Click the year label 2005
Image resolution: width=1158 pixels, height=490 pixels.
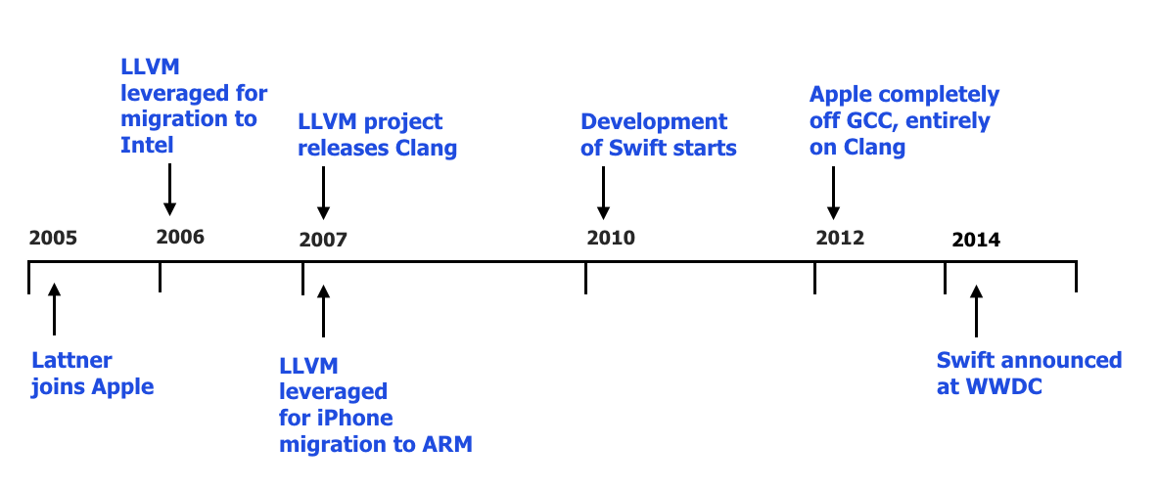[x=53, y=239]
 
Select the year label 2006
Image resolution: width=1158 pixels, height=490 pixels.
[x=180, y=237]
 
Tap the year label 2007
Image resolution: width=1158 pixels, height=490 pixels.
[x=323, y=240]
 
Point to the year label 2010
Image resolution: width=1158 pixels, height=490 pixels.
[x=611, y=238]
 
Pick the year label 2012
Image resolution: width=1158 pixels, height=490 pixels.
[x=840, y=238]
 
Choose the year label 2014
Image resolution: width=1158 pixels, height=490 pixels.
[x=976, y=240]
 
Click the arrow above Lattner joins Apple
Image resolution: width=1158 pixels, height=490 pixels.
[x=54, y=309]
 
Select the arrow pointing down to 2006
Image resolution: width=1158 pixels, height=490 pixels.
[x=170, y=190]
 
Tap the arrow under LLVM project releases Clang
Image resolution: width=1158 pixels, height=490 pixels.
[x=323, y=194]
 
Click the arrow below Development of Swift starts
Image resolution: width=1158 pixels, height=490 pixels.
[x=603, y=194]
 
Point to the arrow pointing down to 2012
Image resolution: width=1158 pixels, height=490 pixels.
[x=833, y=194]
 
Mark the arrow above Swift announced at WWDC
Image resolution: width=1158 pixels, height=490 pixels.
[x=976, y=311]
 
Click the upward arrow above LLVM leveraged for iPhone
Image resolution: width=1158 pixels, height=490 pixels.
[x=323, y=311]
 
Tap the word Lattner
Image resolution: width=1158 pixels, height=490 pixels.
[x=71, y=360]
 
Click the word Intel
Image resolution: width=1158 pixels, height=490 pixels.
[x=147, y=145]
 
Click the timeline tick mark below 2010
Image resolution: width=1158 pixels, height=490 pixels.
[x=585, y=278]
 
